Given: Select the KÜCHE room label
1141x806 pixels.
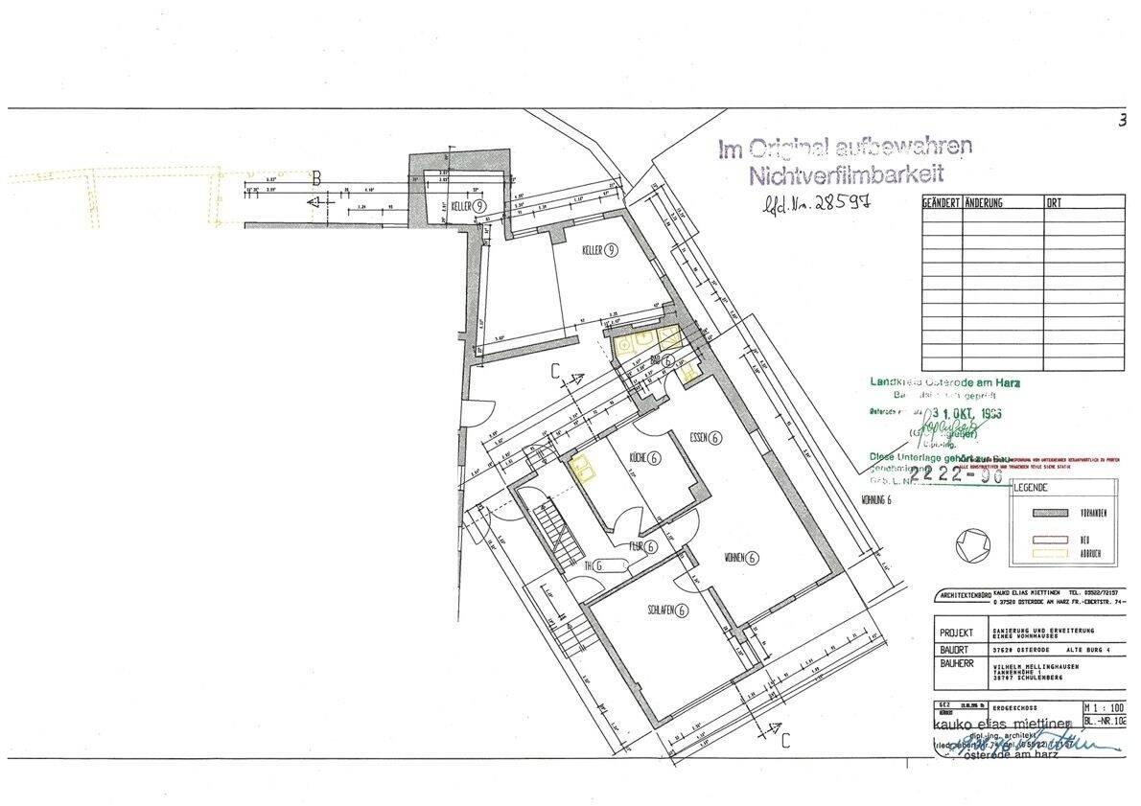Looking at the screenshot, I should [642, 458].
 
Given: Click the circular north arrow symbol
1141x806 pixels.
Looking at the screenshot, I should [971, 545].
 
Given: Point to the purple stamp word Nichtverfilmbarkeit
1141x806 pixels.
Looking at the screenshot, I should [847, 174].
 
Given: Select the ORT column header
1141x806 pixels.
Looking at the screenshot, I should [1056, 203].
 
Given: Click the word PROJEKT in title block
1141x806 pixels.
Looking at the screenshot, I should [957, 633].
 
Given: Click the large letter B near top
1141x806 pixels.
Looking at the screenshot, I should [315, 176].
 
